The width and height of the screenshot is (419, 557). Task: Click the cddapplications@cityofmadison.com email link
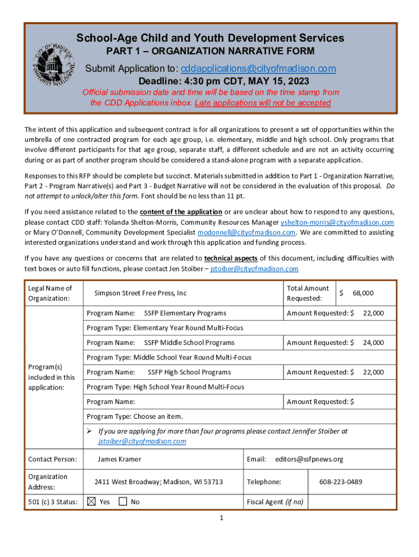[258, 69]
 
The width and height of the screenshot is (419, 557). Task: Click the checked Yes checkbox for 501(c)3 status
[91, 502]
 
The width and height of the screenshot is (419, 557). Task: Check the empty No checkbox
[123, 502]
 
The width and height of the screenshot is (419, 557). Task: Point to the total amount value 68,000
[363, 293]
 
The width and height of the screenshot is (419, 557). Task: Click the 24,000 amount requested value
[373, 343]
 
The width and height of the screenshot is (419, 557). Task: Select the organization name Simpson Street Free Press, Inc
[140, 293]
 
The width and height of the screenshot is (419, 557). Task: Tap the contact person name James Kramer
[119, 459]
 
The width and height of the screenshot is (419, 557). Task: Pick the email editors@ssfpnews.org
[309, 459]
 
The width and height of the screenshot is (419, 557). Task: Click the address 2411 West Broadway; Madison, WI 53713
[158, 482]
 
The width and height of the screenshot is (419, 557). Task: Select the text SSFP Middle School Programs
[189, 343]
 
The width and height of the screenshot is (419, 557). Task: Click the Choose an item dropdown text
[158, 417]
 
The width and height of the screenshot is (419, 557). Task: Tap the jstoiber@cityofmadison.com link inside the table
[142, 441]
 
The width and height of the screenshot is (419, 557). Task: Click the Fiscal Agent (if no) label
[275, 502]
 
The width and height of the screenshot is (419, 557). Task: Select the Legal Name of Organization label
[50, 293]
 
